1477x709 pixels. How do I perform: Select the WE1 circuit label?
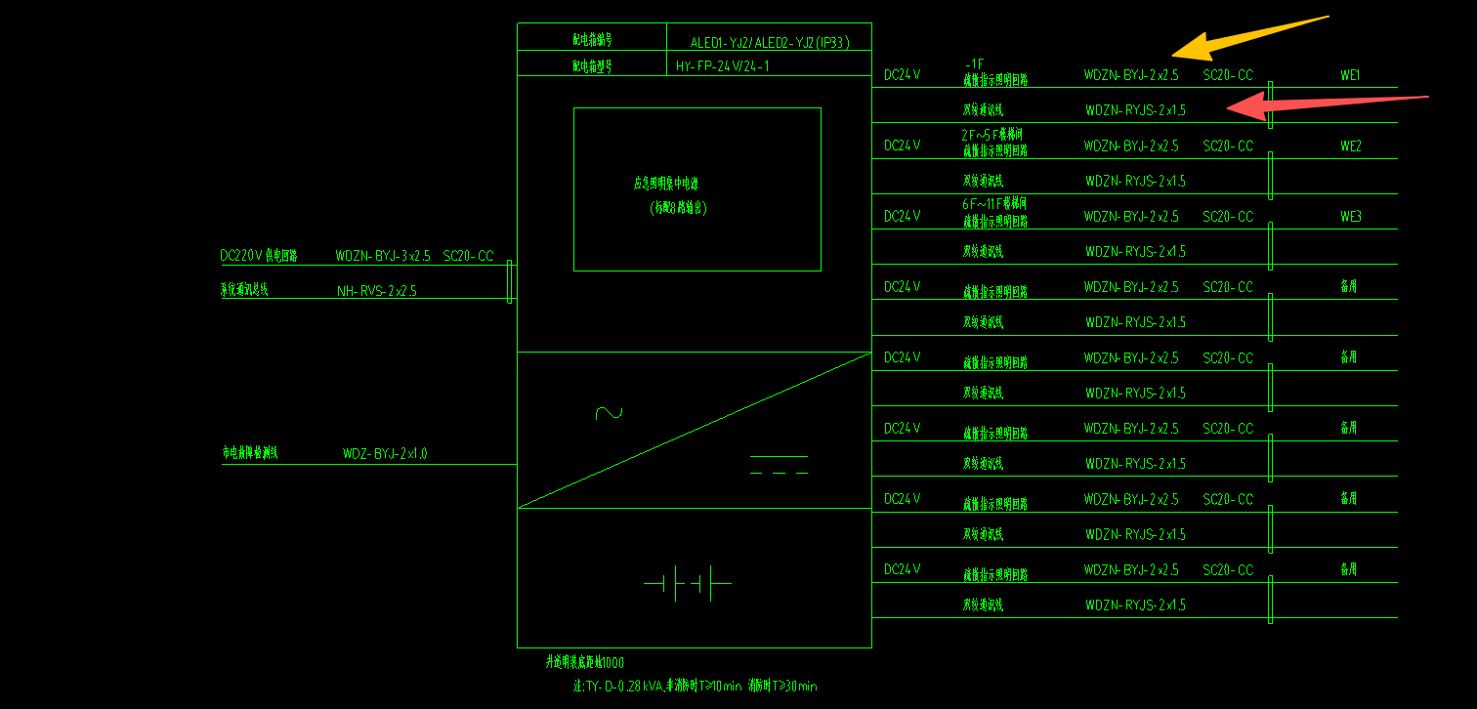[1350, 75]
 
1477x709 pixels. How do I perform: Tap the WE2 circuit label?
[1350, 146]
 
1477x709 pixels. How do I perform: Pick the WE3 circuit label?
[1350, 216]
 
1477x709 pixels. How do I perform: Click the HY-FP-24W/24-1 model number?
[722, 66]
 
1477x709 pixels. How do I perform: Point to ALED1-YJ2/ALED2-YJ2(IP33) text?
[770, 42]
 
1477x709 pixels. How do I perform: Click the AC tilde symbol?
[609, 413]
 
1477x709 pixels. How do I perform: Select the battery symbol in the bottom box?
[688, 584]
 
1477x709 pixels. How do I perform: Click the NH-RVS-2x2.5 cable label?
[376, 291]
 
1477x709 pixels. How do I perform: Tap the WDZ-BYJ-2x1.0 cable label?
[384, 453]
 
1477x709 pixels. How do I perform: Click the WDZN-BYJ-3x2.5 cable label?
[382, 256]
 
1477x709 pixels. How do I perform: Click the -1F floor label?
[974, 63]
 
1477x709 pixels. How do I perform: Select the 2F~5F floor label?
[991, 134]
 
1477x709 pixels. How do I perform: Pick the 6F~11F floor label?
[993, 204]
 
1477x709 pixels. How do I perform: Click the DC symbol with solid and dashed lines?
[779, 465]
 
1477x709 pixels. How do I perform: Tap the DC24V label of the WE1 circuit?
[902, 75]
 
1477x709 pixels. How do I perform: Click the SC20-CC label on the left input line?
[468, 256]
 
